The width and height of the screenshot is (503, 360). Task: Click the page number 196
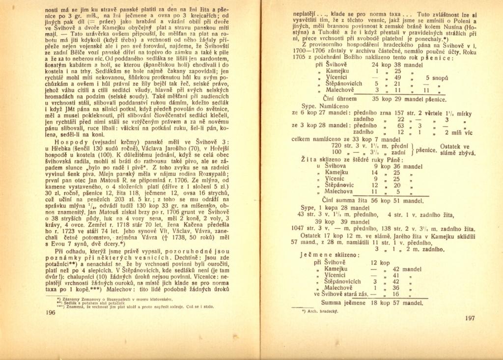pyautogui.click(x=50, y=312)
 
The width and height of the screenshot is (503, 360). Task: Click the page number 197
pyautogui.click(x=469, y=318)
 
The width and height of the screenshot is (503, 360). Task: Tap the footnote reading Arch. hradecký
pyautogui.click(x=318, y=311)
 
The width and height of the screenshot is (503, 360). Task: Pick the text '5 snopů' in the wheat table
pyautogui.click(x=437, y=77)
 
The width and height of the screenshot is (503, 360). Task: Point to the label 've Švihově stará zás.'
pyautogui.click(x=341, y=294)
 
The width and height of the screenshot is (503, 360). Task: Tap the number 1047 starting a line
pyautogui.click(x=299, y=228)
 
